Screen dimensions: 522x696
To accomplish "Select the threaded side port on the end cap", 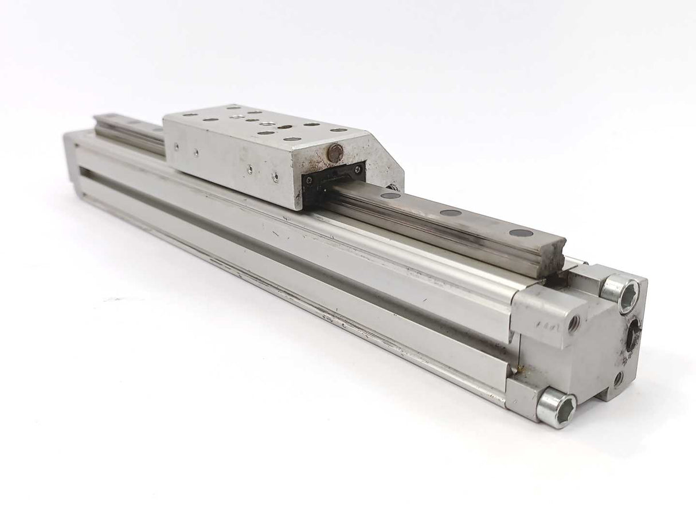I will point(573,325).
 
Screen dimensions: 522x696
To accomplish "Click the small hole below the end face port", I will point(619,379).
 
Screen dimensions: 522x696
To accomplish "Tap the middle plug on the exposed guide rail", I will point(451,213).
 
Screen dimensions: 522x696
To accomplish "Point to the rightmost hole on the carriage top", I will point(339,130).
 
